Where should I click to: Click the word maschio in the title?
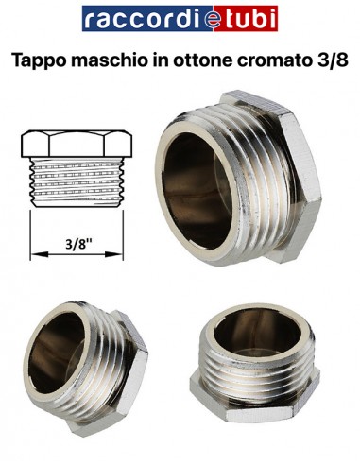118,60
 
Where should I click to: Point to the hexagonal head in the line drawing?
77,146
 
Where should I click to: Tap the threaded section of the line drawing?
77,185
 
